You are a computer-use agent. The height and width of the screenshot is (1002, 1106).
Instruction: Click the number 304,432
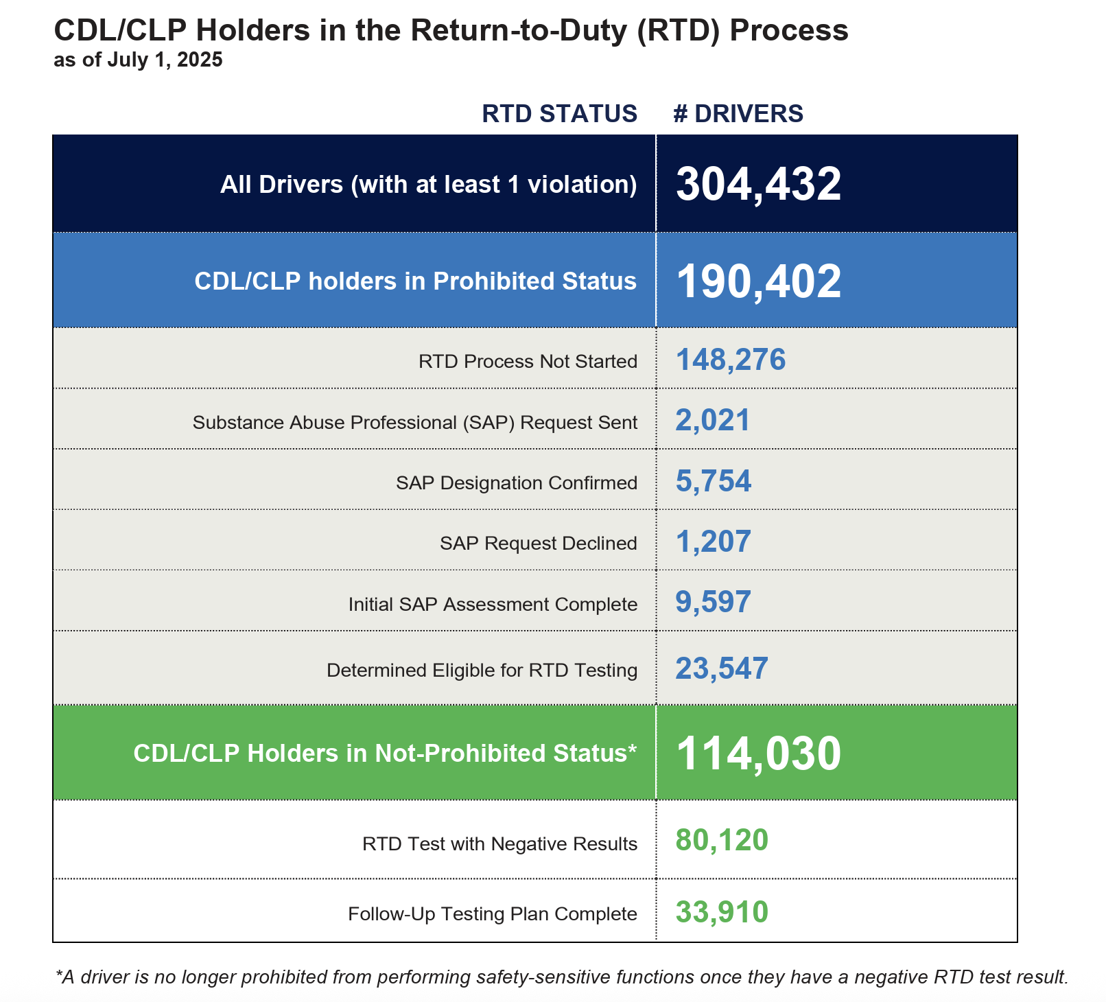758,185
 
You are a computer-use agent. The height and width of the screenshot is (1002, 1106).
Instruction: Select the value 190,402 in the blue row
758,281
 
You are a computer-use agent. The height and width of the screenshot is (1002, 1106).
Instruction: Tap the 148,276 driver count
731,360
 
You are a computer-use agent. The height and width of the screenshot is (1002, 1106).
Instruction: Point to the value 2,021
713,420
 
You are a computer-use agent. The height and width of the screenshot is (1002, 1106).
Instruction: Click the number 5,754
714,481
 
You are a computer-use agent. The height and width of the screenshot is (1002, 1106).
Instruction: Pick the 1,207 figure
714,541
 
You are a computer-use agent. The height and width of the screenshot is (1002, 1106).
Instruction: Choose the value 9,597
714,602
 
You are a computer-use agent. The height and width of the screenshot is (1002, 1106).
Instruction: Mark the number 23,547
722,668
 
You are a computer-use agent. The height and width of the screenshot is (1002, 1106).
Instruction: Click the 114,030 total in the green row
758,754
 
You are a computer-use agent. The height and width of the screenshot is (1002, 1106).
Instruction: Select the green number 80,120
722,841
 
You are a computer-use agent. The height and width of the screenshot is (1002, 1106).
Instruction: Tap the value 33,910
722,912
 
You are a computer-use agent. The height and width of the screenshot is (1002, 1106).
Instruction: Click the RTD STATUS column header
560,114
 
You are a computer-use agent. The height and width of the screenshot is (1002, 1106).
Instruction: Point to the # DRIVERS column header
738,114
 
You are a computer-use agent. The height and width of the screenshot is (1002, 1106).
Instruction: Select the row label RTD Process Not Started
528,362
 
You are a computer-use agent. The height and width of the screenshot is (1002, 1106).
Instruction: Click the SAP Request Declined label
539,544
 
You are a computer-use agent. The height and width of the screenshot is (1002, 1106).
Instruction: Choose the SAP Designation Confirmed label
517,483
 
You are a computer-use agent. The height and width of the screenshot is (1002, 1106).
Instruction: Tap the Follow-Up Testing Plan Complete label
493,914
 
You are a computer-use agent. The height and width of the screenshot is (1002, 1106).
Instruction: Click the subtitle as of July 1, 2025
138,60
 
